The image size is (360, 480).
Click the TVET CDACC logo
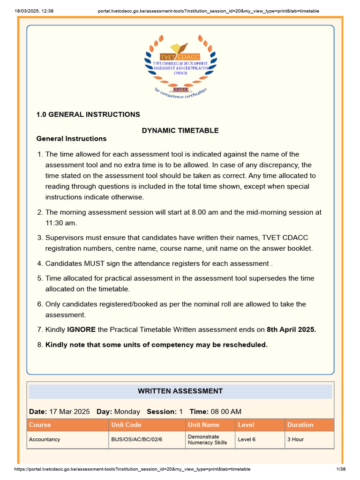(180, 64)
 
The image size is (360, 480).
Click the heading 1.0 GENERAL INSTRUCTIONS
(88, 114)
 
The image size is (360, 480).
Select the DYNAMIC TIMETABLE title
(180, 131)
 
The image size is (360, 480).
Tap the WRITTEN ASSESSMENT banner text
(180, 391)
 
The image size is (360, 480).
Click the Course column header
(40, 425)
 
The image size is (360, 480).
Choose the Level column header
(246, 425)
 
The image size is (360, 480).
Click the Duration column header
(300, 425)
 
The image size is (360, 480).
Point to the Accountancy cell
(45, 440)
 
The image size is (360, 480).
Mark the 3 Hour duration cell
(295, 440)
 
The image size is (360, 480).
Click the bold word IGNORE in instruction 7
(82, 330)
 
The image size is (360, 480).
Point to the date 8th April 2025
(291, 330)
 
